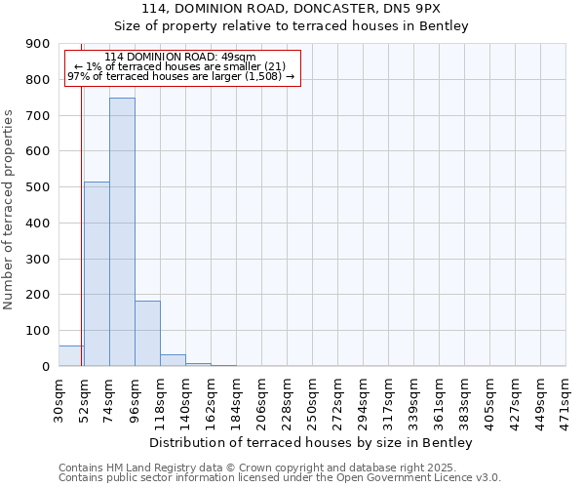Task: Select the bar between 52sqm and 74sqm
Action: click(x=97, y=274)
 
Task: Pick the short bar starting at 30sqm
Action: click(x=70, y=356)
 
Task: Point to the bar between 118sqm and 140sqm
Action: click(x=173, y=360)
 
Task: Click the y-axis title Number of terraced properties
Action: click(x=9, y=210)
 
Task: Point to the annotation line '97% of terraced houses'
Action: click(x=181, y=76)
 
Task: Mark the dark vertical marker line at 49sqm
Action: click(x=81, y=224)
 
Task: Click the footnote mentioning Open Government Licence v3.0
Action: click(x=280, y=478)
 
